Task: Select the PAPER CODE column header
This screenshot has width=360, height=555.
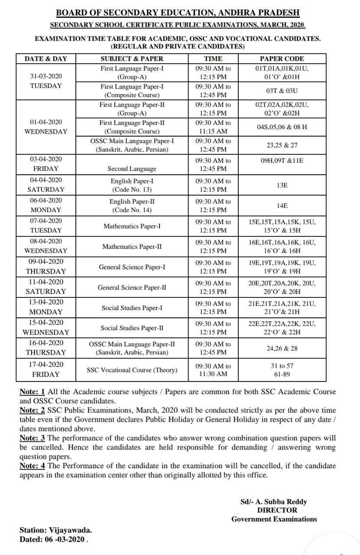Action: [x=282, y=59]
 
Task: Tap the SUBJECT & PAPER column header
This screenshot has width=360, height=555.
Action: [x=132, y=59]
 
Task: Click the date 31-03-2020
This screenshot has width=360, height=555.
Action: [x=46, y=76]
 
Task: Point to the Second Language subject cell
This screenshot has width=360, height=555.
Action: [x=132, y=169]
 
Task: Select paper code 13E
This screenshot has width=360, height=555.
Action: [x=282, y=185]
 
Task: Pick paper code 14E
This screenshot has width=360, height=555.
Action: [x=282, y=206]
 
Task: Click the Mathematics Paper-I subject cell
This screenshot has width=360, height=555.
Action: [x=132, y=226]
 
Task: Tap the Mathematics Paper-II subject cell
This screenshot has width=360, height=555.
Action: [x=132, y=246]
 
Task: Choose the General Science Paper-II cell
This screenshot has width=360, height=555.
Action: [x=132, y=287]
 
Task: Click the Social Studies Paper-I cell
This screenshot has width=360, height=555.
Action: [x=132, y=308]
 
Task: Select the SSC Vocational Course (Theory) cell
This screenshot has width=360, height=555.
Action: [x=132, y=370]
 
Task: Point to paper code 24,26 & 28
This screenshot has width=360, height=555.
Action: [x=282, y=348]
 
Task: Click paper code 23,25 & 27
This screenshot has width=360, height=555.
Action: [x=282, y=145]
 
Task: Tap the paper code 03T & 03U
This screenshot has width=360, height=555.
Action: [x=282, y=91]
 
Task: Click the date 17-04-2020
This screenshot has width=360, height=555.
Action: [x=46, y=364]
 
